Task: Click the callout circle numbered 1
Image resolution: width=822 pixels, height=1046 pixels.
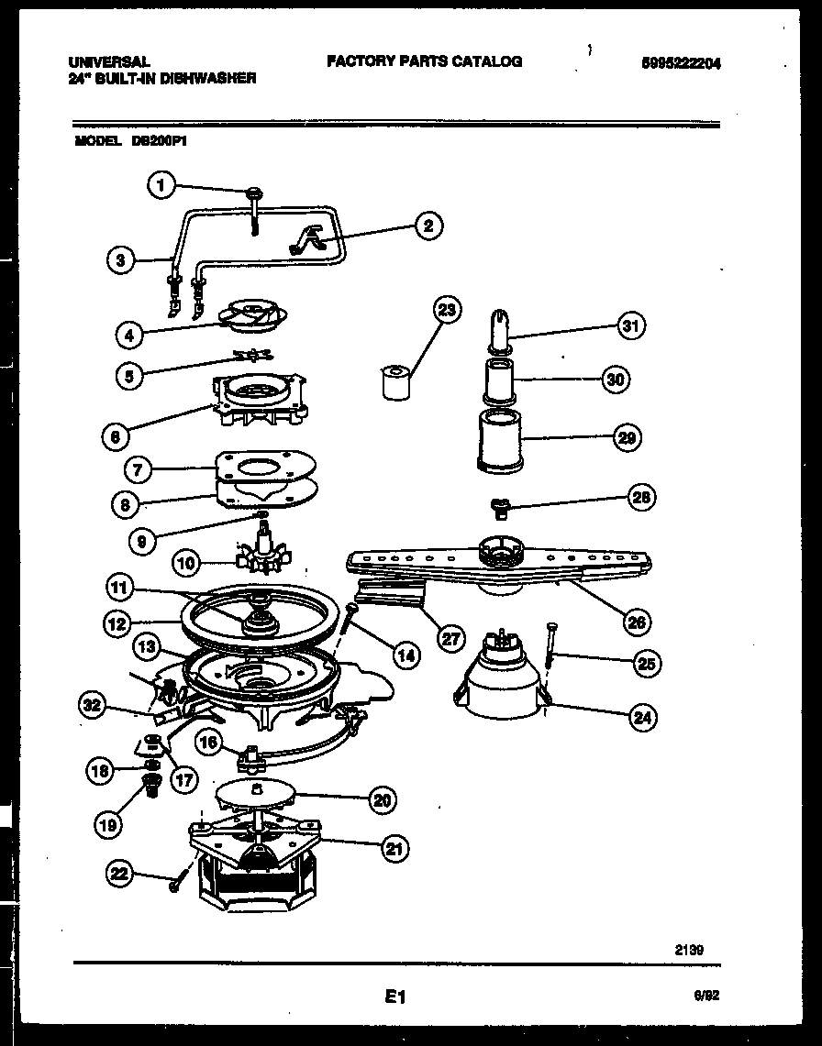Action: pyautogui.click(x=161, y=186)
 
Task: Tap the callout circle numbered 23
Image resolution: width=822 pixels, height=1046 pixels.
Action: pyautogui.click(x=446, y=311)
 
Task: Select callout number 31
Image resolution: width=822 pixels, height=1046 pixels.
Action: pyautogui.click(x=629, y=325)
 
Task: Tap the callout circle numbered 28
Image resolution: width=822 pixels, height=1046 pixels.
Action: pyautogui.click(x=641, y=497)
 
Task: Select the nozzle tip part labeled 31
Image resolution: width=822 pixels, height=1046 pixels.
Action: pyautogui.click(x=500, y=330)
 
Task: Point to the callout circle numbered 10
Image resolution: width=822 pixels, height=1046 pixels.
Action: pyautogui.click(x=186, y=564)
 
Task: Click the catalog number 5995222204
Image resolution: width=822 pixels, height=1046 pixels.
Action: pyautogui.click(x=681, y=63)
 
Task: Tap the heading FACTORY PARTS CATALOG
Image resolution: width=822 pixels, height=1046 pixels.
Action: pyautogui.click(x=424, y=61)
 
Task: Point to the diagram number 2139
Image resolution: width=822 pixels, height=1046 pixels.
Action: pyautogui.click(x=690, y=951)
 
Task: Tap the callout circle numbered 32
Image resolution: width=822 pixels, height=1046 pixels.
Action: pyautogui.click(x=91, y=705)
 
